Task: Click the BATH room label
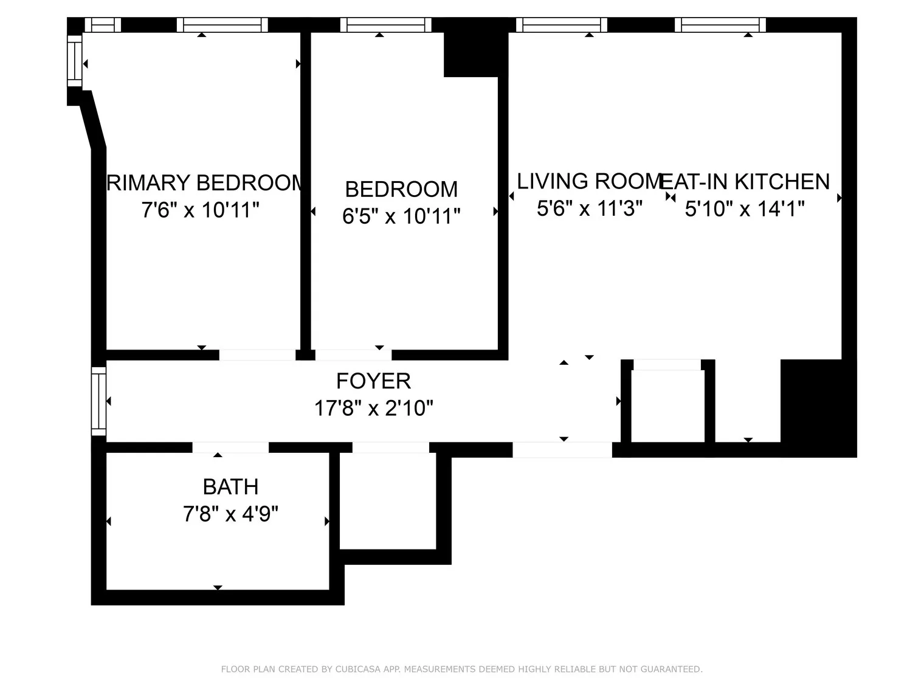pyautogui.click(x=230, y=487)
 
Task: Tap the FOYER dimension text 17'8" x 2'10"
pyautogui.click(x=373, y=408)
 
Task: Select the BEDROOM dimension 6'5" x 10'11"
pyautogui.click(x=401, y=216)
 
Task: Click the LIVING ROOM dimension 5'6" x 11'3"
pyautogui.click(x=589, y=209)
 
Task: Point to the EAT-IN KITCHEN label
pyautogui.click(x=745, y=182)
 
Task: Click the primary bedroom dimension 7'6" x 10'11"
pyautogui.click(x=200, y=210)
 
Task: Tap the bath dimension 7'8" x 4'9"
pyautogui.click(x=230, y=515)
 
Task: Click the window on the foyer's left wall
pyautogui.click(x=98, y=401)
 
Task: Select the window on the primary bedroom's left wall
pyautogui.click(x=74, y=61)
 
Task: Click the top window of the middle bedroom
pyautogui.click(x=385, y=25)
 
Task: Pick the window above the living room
pyautogui.click(x=562, y=25)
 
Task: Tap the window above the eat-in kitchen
pyautogui.click(x=720, y=25)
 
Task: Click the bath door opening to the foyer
pyautogui.click(x=230, y=447)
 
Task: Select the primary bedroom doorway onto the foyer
pyautogui.click(x=257, y=355)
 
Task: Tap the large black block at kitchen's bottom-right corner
pyautogui.click(x=818, y=407)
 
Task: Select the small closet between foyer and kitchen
pyautogui.click(x=667, y=404)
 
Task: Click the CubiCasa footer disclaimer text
pyautogui.click(x=461, y=669)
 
